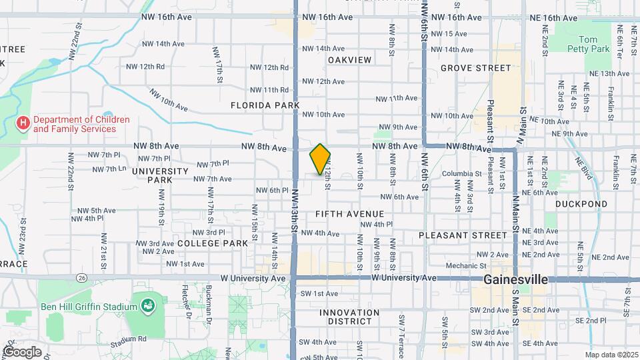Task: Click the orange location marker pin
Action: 320,159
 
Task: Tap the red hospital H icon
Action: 23,123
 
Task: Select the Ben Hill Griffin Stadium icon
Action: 148,307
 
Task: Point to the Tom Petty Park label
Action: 589,45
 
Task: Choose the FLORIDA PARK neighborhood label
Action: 265,105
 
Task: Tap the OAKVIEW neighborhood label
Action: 349,60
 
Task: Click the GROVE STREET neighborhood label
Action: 475,68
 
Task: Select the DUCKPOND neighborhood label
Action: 581,204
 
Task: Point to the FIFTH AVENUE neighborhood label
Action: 349,214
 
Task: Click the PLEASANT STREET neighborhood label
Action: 463,235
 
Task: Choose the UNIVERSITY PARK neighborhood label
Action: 161,175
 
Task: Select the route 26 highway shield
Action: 81,277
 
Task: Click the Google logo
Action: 21,351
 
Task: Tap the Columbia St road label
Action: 461,174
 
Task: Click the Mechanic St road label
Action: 461,266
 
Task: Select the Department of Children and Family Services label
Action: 73,124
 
